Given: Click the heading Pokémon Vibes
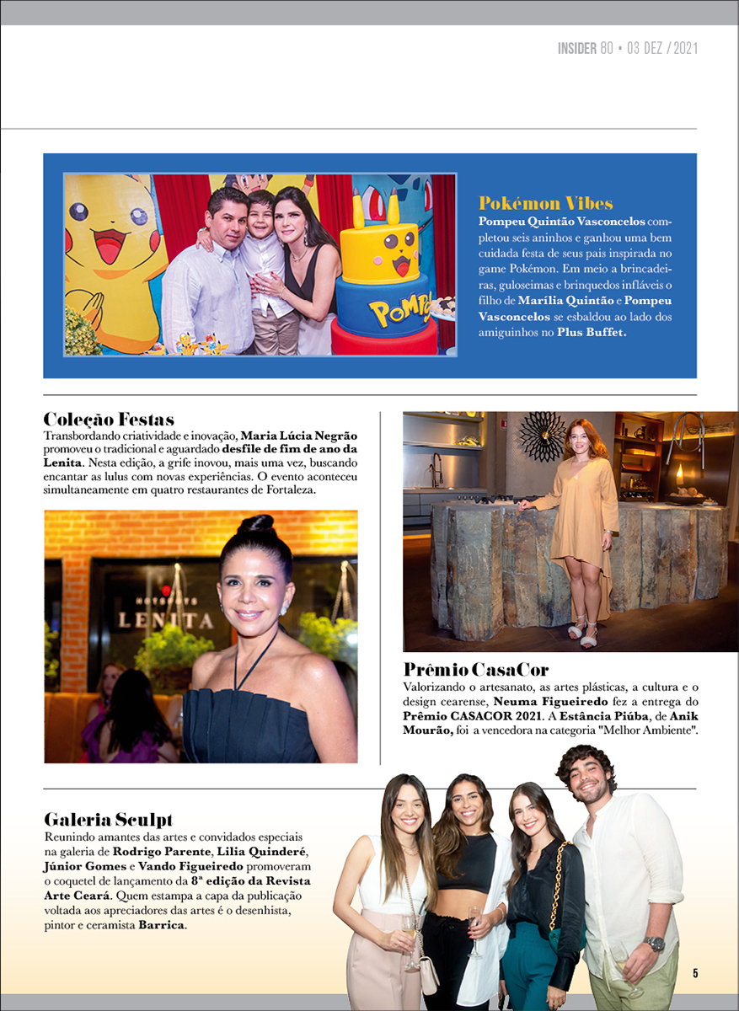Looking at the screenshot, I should (x=545, y=203).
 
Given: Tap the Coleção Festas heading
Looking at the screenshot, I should (x=109, y=419).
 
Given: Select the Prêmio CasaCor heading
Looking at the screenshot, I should (x=475, y=671).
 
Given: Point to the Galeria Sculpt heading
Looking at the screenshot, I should (x=108, y=819).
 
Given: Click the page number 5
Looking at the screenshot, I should (x=695, y=973).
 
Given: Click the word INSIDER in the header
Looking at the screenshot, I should (x=577, y=49).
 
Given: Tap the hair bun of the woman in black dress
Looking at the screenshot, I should (x=254, y=528).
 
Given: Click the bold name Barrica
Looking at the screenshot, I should (x=163, y=925).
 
